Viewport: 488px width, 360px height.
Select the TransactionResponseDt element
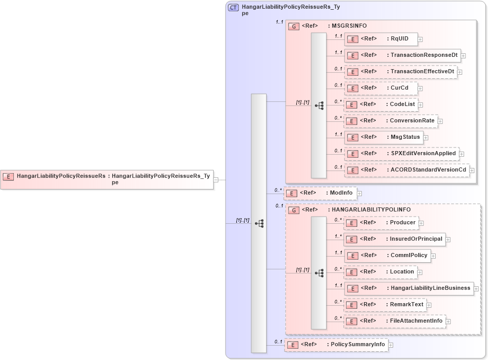[x=403, y=55]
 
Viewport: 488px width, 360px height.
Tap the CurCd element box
[x=381, y=88]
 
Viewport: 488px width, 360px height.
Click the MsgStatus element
[x=383, y=137]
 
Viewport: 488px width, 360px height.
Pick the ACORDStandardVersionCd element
[x=407, y=170]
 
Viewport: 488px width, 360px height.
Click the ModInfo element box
[x=320, y=193]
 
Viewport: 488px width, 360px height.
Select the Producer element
[x=381, y=223]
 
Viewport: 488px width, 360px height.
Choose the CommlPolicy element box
[x=387, y=255]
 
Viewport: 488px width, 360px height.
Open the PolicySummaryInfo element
[x=336, y=345]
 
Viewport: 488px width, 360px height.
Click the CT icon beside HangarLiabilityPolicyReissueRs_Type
[x=233, y=8]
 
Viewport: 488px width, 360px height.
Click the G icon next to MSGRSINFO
[x=294, y=26]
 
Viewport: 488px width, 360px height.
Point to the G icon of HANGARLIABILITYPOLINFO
[x=294, y=210]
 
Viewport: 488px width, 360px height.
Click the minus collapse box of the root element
[x=216, y=179]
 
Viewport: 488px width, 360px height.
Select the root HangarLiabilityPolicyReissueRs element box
[x=107, y=179]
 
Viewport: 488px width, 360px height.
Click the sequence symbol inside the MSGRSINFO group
[x=319, y=105]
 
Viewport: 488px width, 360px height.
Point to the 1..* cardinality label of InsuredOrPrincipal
[x=338, y=236]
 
